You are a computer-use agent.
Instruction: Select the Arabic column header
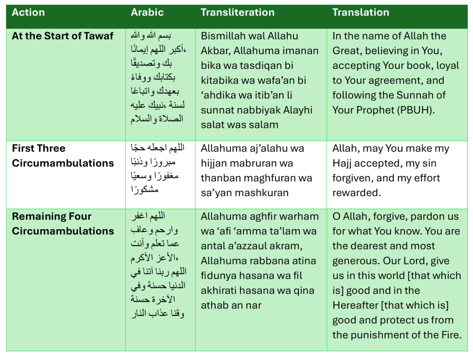[x=147, y=12]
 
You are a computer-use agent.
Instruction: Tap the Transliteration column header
[x=237, y=12]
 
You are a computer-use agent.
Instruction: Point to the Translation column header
[x=360, y=12]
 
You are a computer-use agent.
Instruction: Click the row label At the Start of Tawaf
[x=62, y=36]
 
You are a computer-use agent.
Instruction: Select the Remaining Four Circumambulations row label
[x=62, y=224]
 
